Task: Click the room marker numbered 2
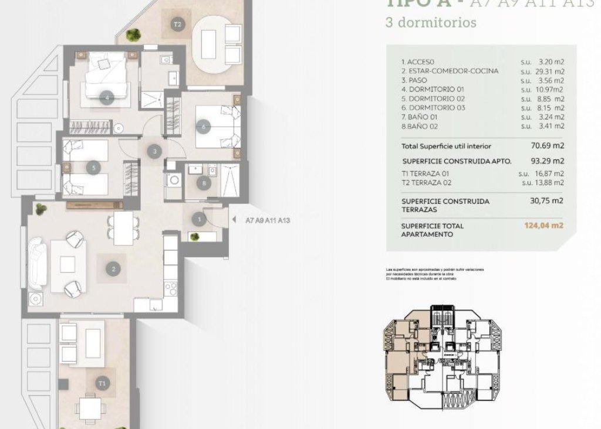click(113, 270)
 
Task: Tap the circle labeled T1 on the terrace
click(103, 384)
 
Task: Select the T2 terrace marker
click(178, 25)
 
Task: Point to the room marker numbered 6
click(203, 126)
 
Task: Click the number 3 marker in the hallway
click(154, 152)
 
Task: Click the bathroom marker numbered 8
click(204, 183)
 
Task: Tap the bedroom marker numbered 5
click(94, 168)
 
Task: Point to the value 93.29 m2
click(547, 161)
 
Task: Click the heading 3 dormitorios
click(430, 24)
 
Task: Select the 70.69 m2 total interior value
click(547, 145)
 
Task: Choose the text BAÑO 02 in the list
click(418, 126)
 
